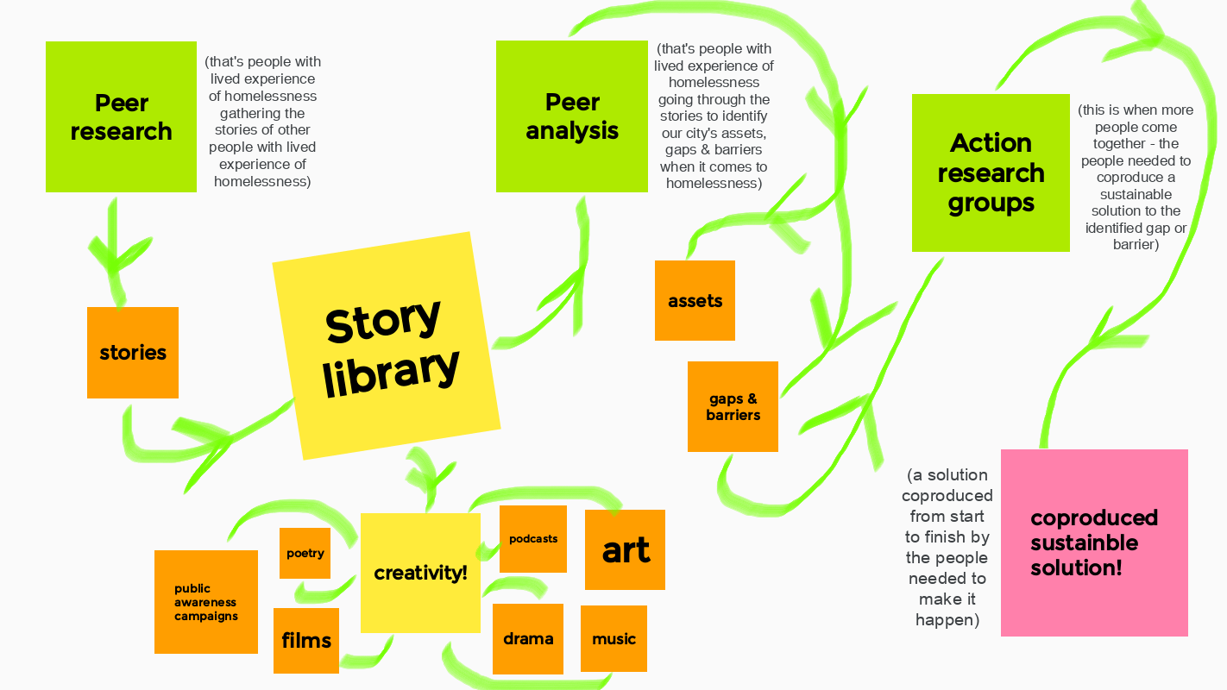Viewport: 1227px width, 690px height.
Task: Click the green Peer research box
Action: coord(121,116)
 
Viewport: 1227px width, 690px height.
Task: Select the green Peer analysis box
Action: coord(572,116)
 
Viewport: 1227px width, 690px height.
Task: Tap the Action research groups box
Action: coord(991,173)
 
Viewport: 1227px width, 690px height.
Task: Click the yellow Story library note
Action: coord(387,346)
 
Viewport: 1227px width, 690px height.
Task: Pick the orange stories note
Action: coord(133,353)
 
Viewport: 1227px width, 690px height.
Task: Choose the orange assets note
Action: coord(695,301)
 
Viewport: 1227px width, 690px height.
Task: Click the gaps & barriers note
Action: coord(733,407)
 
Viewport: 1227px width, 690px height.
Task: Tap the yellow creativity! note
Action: coord(421,573)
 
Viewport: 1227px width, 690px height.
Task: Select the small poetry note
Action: coord(305,553)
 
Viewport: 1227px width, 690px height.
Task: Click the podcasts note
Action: coord(533,539)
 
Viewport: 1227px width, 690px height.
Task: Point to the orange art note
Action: coord(625,549)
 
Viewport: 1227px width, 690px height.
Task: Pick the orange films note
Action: coord(306,641)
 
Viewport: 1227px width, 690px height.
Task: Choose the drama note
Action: coord(528,639)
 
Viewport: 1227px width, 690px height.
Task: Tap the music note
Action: coord(614,638)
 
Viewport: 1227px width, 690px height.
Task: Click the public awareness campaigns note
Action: coord(206,602)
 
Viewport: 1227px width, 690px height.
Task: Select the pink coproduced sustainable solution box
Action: coord(1094,543)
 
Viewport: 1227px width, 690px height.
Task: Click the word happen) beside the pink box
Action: coord(947,620)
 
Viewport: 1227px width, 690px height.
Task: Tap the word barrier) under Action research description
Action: coord(1136,244)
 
